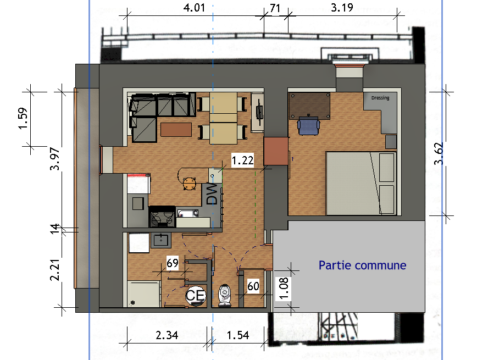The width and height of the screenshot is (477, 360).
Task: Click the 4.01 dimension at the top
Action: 194,7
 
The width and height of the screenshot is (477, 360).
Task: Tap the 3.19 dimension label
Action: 342,7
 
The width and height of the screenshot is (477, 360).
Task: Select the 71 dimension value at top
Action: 275,8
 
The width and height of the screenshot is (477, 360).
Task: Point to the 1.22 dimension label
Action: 242,160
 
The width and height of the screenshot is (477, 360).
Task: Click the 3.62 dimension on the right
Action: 439,154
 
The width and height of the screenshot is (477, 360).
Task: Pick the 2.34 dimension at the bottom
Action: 167,335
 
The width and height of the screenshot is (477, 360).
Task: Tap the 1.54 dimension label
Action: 238,335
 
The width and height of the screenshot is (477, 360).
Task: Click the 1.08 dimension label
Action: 283,289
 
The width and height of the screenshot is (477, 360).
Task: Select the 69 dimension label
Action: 173,263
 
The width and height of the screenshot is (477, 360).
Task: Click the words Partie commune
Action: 362,265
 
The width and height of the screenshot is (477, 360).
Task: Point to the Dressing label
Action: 380,98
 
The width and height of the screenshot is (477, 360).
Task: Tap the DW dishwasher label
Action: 212,194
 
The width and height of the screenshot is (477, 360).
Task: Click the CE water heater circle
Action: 195,296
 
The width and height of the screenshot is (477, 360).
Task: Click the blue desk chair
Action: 308,125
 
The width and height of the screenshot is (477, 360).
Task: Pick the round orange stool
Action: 189,184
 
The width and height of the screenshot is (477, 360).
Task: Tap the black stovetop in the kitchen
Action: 162,217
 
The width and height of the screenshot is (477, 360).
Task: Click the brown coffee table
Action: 176,130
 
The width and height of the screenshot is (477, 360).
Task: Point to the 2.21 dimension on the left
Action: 55,269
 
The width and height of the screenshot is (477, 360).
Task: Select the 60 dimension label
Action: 253,286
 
